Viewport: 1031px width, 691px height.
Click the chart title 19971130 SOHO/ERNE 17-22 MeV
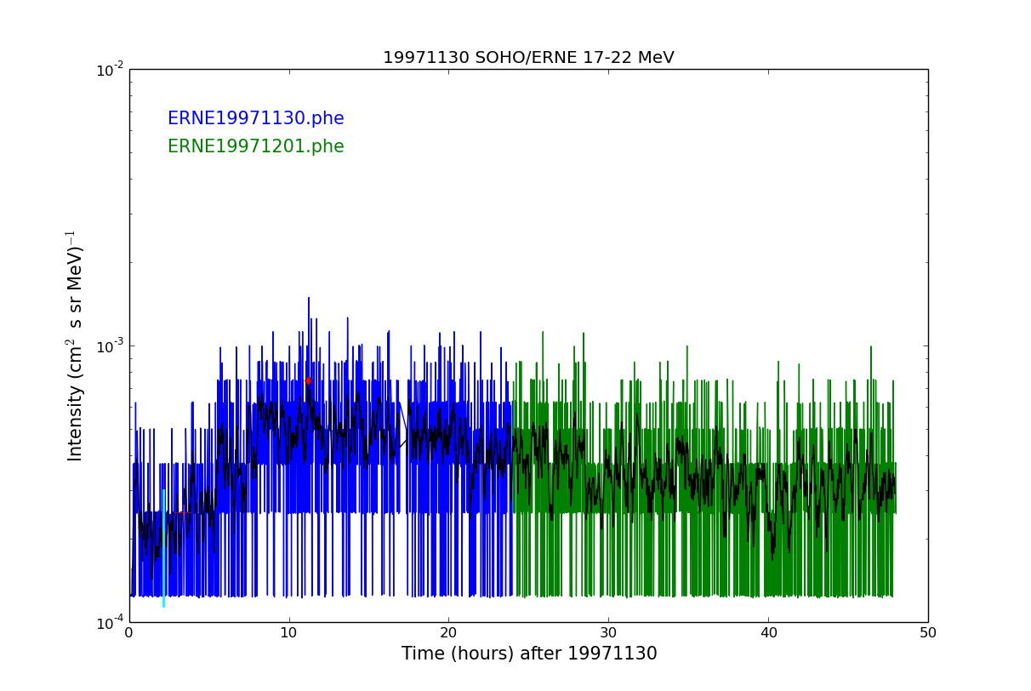point(528,58)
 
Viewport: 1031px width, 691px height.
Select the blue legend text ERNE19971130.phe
point(255,119)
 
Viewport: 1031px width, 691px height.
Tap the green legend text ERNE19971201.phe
point(255,147)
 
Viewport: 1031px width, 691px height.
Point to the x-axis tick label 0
point(129,633)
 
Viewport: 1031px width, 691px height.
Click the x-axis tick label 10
point(289,633)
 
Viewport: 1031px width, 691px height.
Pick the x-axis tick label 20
point(448,633)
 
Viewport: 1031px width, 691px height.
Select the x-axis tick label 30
point(608,633)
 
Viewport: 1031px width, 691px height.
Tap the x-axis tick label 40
point(768,633)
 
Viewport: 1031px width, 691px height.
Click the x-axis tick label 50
point(927,633)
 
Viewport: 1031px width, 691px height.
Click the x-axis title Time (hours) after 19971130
point(529,654)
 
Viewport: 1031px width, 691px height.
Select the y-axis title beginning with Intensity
point(75,345)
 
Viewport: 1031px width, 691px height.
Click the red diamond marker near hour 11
point(308,380)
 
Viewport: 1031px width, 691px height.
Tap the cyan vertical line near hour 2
point(163,545)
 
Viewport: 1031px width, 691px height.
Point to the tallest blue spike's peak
point(309,299)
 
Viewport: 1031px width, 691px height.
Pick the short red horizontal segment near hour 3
point(184,512)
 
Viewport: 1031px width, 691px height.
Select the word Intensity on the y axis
point(76,423)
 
